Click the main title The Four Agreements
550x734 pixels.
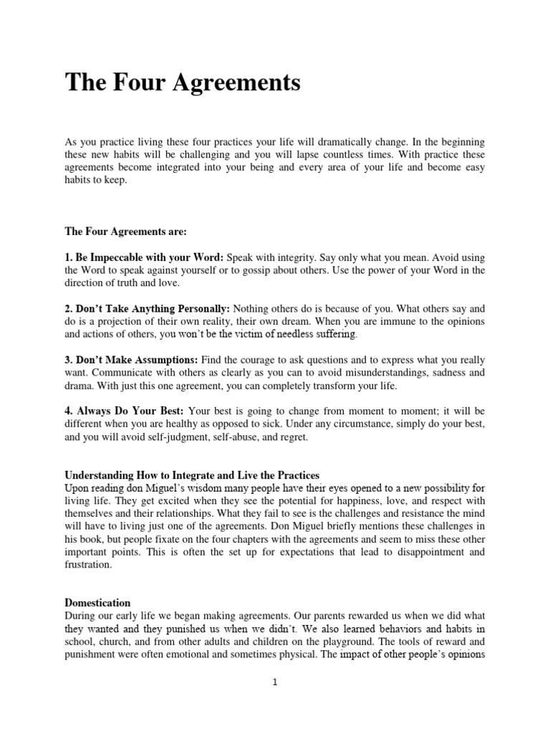[x=183, y=83]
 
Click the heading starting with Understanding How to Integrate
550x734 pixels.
[x=192, y=475]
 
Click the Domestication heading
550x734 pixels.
[x=98, y=604]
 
